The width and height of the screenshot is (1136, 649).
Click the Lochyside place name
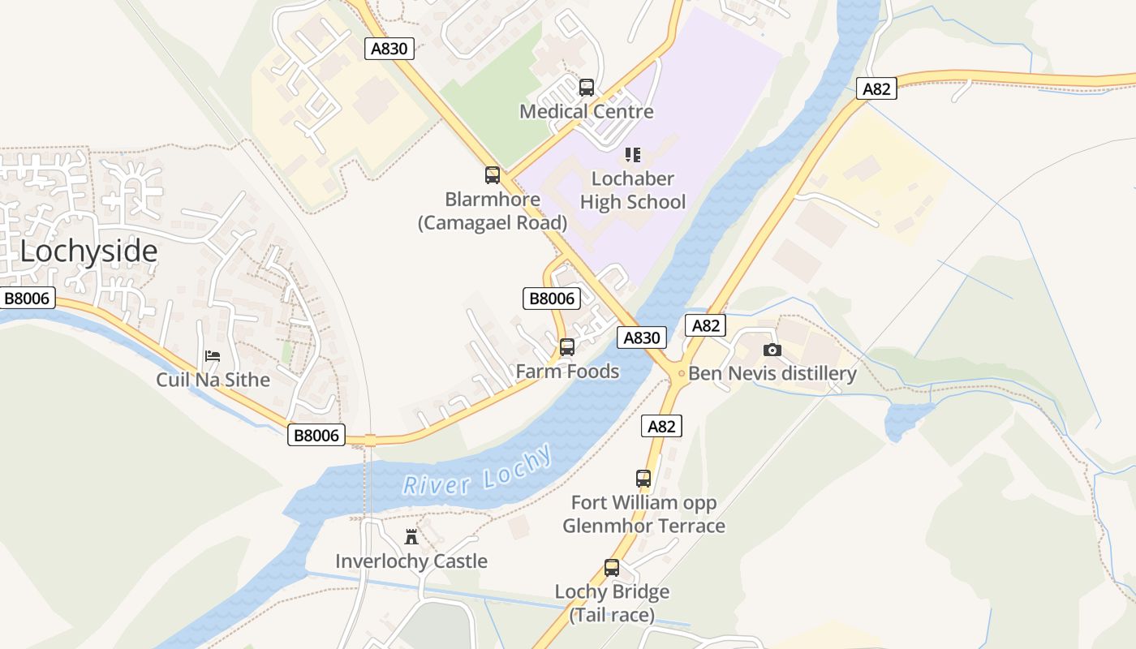click(x=88, y=251)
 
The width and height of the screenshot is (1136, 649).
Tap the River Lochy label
click(x=478, y=474)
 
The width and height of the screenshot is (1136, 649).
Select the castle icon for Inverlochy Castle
click(x=411, y=536)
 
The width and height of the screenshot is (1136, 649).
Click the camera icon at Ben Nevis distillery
click(x=772, y=350)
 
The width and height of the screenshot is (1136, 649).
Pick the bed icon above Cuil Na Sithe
click(x=213, y=355)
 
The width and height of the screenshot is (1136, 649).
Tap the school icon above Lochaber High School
click(x=633, y=154)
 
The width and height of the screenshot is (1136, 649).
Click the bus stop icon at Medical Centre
click(x=587, y=87)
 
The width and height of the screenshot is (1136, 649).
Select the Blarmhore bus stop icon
click(x=493, y=174)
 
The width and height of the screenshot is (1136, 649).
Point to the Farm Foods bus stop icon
click(x=567, y=347)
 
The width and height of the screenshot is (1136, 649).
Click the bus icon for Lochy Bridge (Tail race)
click(x=612, y=568)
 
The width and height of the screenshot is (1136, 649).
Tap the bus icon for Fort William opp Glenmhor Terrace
click(x=643, y=479)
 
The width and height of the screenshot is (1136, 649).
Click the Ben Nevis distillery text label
click(x=772, y=373)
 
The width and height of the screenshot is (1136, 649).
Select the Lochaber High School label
click(x=633, y=190)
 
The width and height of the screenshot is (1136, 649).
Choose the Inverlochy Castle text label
click(x=411, y=561)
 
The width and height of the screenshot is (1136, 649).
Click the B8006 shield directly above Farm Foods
click(x=552, y=299)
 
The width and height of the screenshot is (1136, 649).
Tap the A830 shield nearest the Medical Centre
click(x=389, y=49)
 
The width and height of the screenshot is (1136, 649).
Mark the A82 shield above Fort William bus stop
click(x=661, y=425)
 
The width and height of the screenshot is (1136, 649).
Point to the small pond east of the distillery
click(x=906, y=420)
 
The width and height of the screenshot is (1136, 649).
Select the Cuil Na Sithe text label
click(x=213, y=379)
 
